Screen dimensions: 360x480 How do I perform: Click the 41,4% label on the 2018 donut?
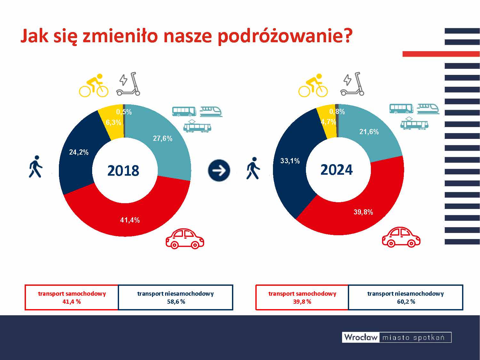[x=130, y=220]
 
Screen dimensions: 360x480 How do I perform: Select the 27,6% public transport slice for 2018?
[x=170, y=150]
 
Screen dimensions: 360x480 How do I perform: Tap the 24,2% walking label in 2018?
[x=79, y=152]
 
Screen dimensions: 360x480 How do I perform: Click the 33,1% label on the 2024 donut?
[x=290, y=161]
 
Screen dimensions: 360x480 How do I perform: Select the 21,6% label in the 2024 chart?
[x=369, y=132]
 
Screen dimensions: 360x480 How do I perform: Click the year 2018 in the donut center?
[x=123, y=171]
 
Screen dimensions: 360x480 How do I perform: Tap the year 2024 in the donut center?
[x=337, y=170]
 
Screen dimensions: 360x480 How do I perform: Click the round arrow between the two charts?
[x=219, y=170]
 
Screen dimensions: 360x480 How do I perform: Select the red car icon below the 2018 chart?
[x=185, y=239]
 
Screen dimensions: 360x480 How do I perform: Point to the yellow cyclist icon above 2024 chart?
[x=313, y=85]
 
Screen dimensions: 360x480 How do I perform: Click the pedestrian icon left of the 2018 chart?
[x=36, y=167]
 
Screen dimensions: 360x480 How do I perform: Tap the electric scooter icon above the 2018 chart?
[x=129, y=84]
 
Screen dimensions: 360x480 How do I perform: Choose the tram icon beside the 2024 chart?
[x=414, y=123]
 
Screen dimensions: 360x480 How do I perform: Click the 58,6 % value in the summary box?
[x=176, y=302]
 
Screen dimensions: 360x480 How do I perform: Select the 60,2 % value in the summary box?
[x=406, y=302]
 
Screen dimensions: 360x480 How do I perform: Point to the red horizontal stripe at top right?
[x=441, y=54]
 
